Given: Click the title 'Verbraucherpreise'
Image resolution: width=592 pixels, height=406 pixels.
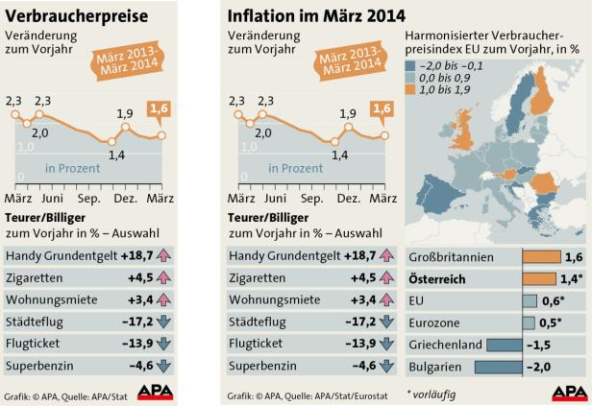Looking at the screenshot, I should [78, 16].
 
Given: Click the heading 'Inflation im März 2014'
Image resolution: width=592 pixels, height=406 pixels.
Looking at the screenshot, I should [316, 16].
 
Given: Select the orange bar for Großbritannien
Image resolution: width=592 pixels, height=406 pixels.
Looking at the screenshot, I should [541, 257].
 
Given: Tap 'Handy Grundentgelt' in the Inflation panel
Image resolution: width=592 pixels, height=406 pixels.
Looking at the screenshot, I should [284, 254].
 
